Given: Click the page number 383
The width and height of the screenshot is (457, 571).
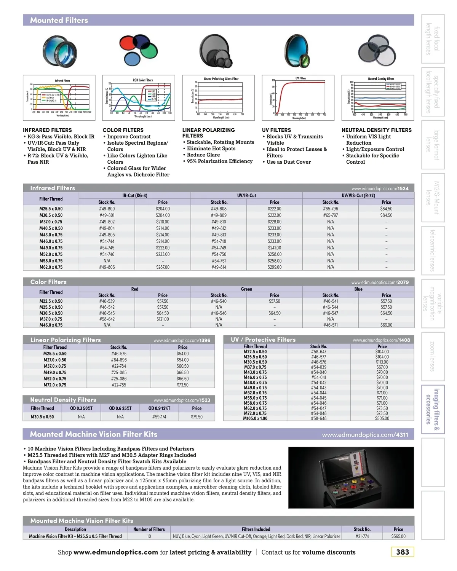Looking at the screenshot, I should [402, 552].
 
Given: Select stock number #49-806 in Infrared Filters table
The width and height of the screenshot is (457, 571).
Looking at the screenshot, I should [107, 267].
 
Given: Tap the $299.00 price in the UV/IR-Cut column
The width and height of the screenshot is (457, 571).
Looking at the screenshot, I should [275, 267].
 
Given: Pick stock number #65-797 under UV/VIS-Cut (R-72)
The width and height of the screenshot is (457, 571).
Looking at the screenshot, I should [331, 215].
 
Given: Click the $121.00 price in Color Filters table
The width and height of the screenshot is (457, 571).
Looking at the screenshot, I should [163, 319].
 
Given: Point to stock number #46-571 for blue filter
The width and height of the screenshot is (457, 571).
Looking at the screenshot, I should [331, 325].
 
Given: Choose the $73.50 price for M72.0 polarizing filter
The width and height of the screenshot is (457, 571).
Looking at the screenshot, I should [183, 385].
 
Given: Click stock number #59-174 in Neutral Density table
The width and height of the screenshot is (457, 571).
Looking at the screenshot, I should [159, 417].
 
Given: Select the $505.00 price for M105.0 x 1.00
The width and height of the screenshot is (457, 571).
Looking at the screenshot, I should [382, 418].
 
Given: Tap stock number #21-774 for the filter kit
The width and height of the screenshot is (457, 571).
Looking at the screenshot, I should [362, 536].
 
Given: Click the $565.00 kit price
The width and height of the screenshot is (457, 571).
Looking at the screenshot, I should [398, 536].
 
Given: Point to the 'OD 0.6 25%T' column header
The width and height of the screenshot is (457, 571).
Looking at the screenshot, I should [120, 408].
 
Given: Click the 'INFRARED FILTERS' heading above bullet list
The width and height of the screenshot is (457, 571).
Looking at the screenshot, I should [47, 130].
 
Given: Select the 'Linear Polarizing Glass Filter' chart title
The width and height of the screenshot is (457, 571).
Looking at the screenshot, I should [221, 79].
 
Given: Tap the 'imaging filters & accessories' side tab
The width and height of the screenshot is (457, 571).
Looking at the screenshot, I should [433, 410].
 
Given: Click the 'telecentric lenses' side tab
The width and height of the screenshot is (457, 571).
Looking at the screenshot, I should [433, 250].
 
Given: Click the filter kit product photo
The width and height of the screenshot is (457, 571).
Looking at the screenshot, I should [351, 477].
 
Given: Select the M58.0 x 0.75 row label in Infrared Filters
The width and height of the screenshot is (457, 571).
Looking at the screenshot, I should [51, 261].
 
